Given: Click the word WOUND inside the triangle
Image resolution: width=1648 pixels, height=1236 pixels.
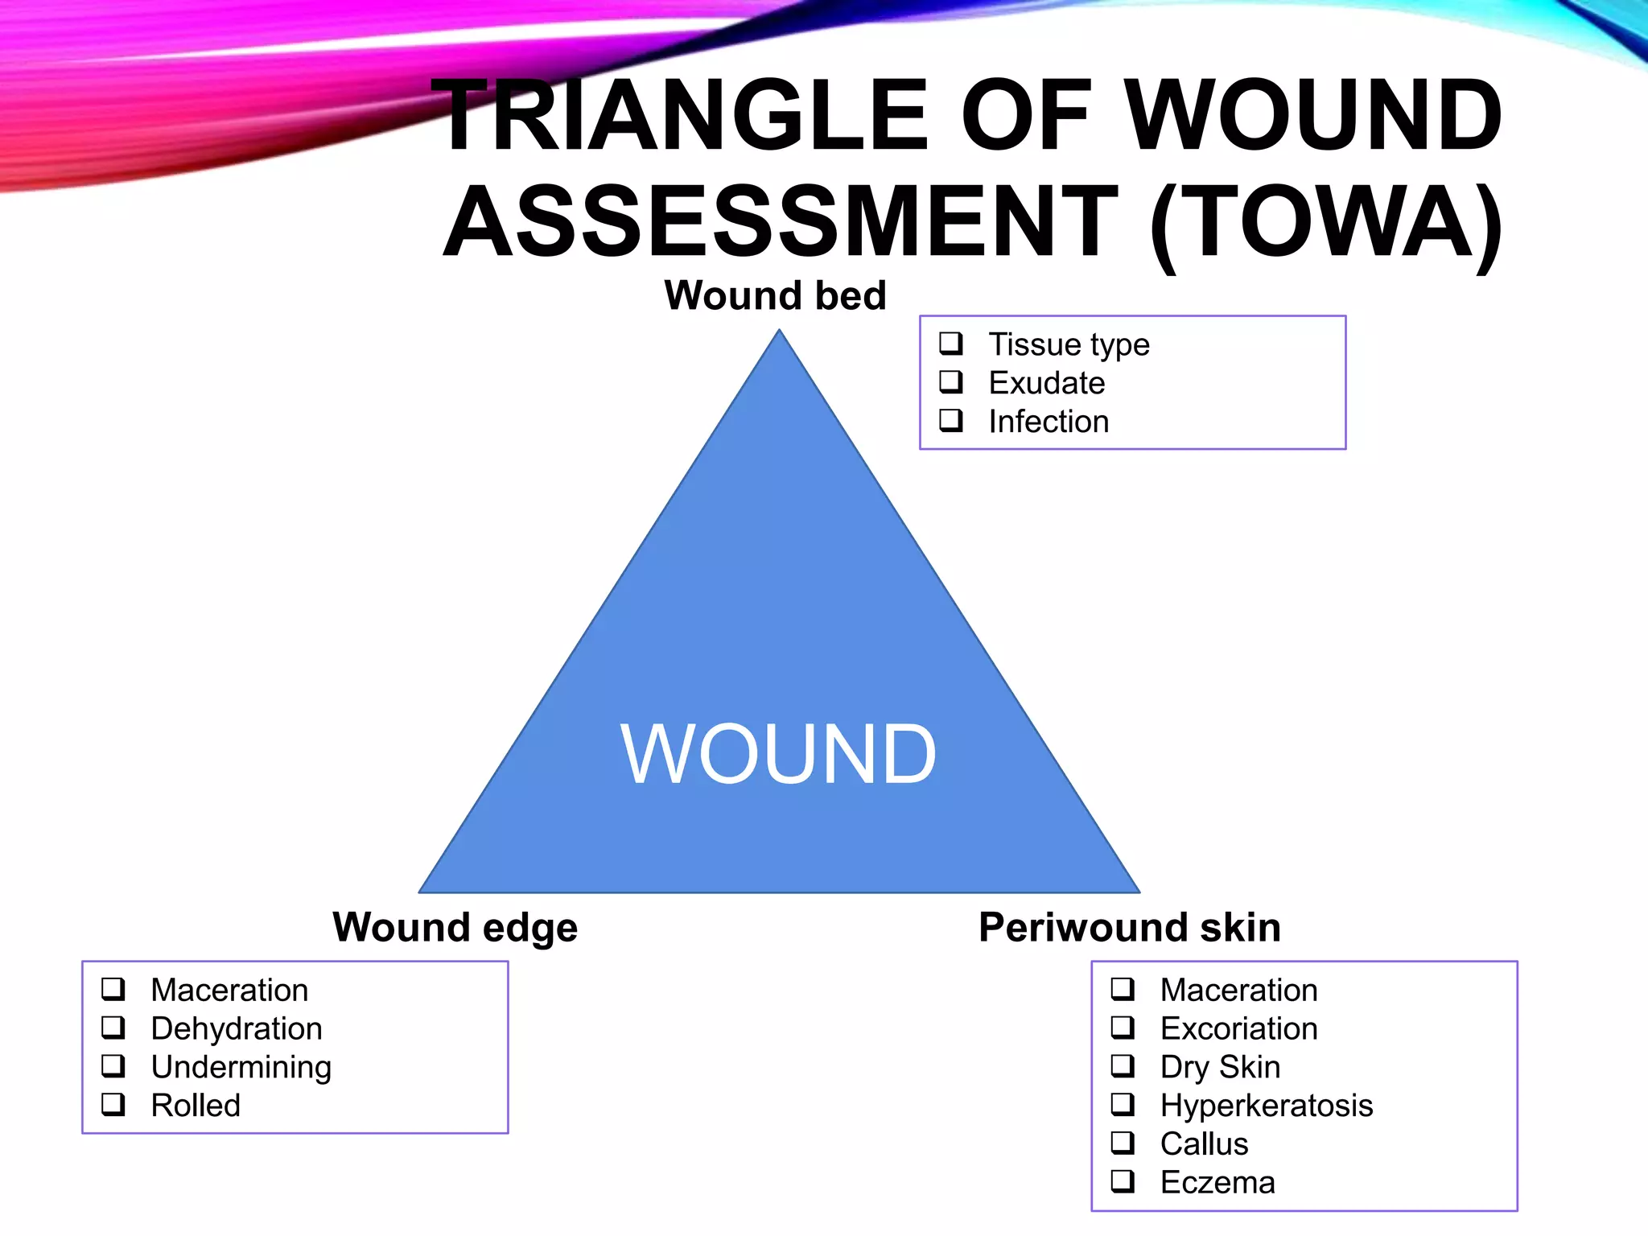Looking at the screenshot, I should pos(778,754).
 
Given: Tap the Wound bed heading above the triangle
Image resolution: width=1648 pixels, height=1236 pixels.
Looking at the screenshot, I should pos(775,295).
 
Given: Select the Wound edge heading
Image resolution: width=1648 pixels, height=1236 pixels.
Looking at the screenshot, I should pos(455,927).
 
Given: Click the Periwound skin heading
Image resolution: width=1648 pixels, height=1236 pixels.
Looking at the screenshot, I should pos(1129,927).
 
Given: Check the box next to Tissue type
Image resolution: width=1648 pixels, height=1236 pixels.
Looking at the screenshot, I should pos(950,344).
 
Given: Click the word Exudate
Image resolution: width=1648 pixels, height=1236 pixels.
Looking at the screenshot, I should pos(1046,383).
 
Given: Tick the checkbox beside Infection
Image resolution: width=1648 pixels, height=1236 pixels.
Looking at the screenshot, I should pos(950,420).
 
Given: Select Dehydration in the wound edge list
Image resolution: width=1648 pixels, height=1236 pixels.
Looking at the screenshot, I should pos(237,1028).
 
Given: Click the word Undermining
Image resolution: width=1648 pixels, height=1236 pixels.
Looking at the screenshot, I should pos(241,1067).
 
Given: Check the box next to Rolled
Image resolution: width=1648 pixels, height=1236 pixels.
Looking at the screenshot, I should pos(113,1104).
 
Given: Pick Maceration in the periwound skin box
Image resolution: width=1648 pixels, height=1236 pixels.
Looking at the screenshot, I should pos(1238,990).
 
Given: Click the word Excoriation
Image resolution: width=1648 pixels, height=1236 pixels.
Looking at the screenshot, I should pos(1238,1028).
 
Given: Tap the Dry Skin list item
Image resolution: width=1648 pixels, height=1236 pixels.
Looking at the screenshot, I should pos(1220,1067).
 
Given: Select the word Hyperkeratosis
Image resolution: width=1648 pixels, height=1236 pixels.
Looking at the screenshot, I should pos(1266,1106).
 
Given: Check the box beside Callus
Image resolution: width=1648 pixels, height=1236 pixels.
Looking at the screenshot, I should pos(1123,1143).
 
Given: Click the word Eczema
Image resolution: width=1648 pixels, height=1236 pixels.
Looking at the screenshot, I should pos(1217,1182).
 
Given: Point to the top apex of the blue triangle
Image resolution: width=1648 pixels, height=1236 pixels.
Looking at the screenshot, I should pos(779,332).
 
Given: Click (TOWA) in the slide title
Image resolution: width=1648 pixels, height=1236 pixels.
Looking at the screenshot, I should pos(1325,221).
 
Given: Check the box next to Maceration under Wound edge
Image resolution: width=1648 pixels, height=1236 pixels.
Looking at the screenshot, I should pos(113,988).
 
